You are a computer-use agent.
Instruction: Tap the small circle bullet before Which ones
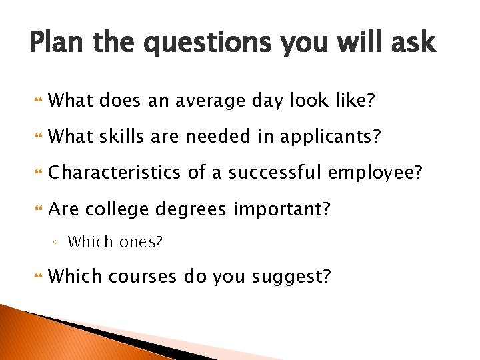click(58, 242)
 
